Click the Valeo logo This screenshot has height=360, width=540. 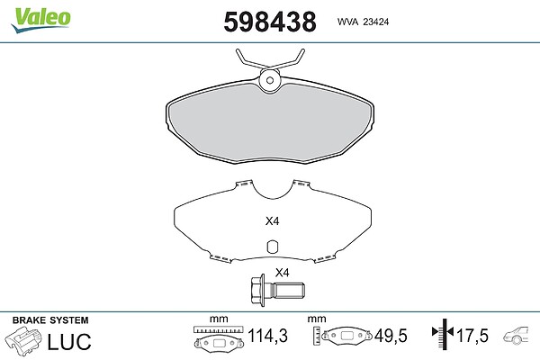(x=41, y=20)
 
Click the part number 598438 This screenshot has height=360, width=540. (x=270, y=22)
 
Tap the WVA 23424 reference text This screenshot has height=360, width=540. (x=363, y=22)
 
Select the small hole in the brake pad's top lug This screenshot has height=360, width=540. (x=270, y=80)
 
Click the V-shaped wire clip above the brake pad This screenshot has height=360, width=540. (x=270, y=63)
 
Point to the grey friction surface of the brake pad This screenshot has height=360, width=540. (x=270, y=124)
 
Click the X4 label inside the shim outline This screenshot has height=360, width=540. (x=272, y=220)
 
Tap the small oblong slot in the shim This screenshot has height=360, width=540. (x=273, y=246)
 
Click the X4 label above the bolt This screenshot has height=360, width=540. (x=282, y=273)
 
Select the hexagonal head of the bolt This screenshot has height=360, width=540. (x=258, y=291)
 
